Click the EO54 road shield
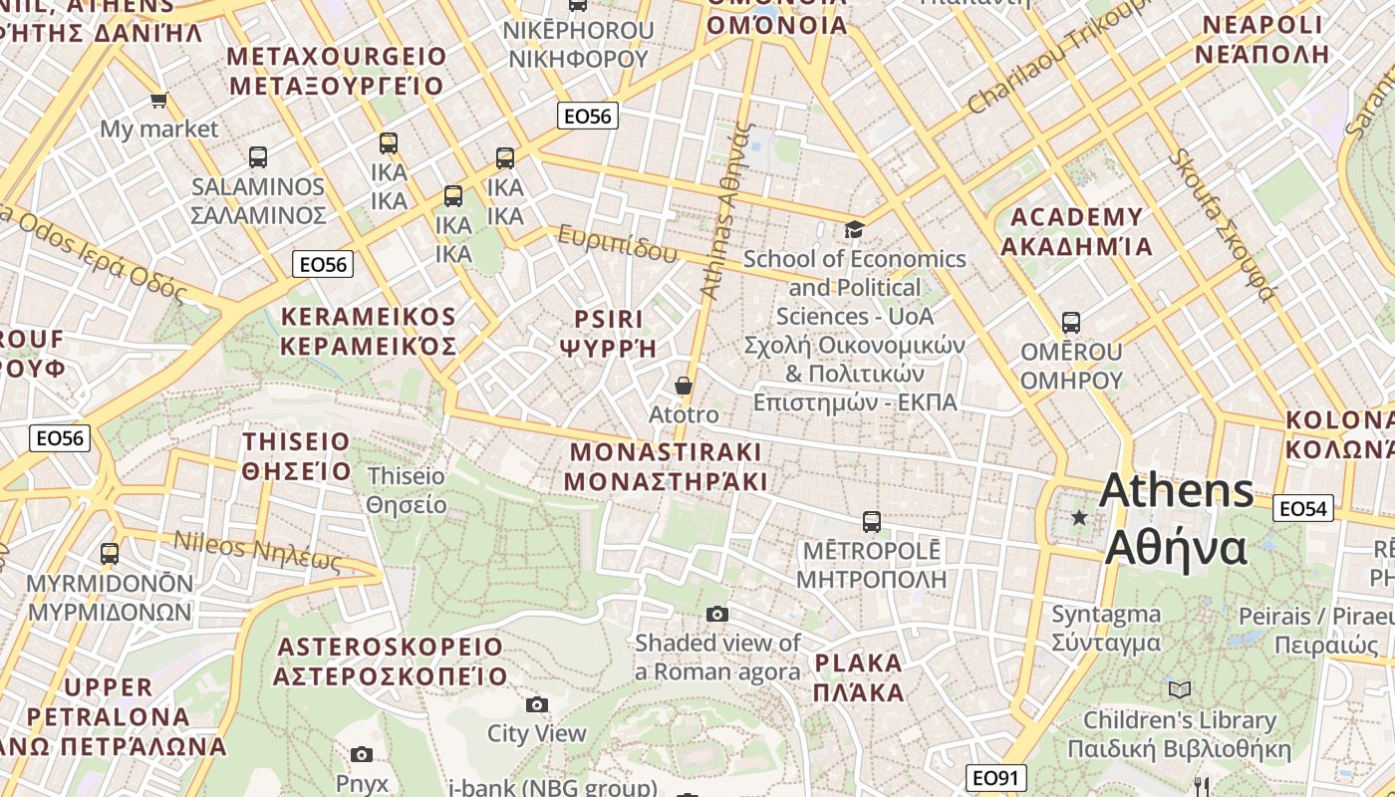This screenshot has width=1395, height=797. [x=1303, y=509]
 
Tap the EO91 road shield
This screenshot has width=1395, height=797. [x=995, y=778]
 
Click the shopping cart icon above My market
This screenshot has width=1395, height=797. [x=158, y=100]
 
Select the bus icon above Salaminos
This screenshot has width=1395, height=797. [x=258, y=157]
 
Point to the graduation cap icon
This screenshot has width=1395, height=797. [x=854, y=230]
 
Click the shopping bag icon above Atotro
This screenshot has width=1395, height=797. [x=684, y=386]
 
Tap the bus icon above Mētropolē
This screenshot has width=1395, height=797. [x=872, y=522]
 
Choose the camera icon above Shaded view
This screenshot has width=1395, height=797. [x=717, y=614]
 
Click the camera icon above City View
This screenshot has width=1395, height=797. [x=537, y=705]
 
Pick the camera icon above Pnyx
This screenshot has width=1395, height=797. [x=362, y=755]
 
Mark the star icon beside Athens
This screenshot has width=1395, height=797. [x=1078, y=517]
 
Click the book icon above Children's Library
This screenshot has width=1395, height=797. [x=1180, y=689]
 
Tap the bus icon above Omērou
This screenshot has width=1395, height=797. [x=1071, y=323]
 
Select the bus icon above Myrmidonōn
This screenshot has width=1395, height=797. [x=110, y=554]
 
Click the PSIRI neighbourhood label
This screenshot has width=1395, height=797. [x=609, y=319]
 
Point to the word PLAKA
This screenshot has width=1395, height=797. [x=858, y=664]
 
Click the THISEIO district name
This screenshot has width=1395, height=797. [x=297, y=441]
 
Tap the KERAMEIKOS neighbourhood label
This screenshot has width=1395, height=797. [x=369, y=317]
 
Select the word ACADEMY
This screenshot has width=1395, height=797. [x=1077, y=217]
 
